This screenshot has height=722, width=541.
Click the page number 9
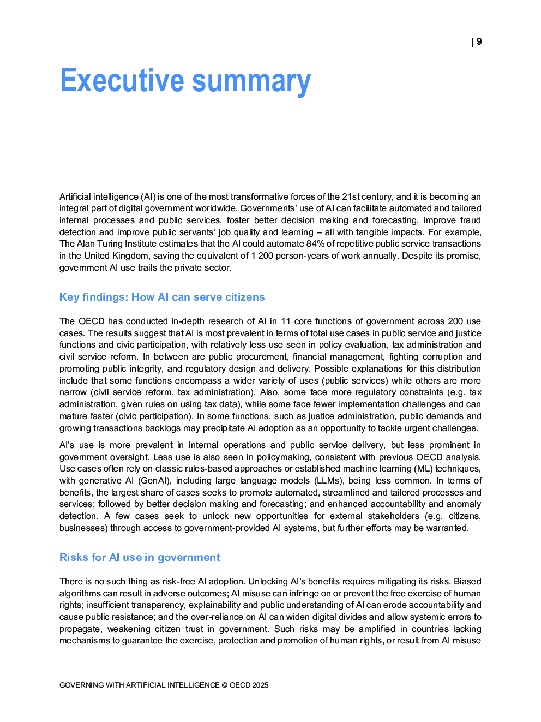pos(479,42)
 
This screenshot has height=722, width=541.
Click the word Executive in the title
pos(122,81)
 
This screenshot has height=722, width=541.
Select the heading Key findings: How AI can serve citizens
pos(162,297)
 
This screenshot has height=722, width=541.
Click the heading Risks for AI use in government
pos(140,558)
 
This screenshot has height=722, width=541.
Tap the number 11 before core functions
pos(286,321)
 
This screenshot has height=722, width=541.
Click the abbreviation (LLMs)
pos(328,481)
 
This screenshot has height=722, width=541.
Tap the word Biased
pos(467,582)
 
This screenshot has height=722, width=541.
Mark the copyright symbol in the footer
pos(225,685)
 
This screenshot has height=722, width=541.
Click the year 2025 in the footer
pos(260,685)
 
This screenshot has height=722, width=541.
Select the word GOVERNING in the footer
pos(82,685)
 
